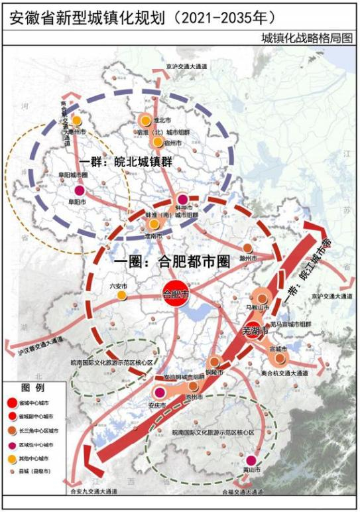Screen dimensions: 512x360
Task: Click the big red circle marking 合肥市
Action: pyautogui.click(x=176, y=292)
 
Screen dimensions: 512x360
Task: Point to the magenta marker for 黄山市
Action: pyautogui.click(x=251, y=460)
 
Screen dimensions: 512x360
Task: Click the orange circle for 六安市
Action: pyautogui.click(x=121, y=294)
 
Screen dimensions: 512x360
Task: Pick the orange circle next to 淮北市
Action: pyautogui.click(x=145, y=120)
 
